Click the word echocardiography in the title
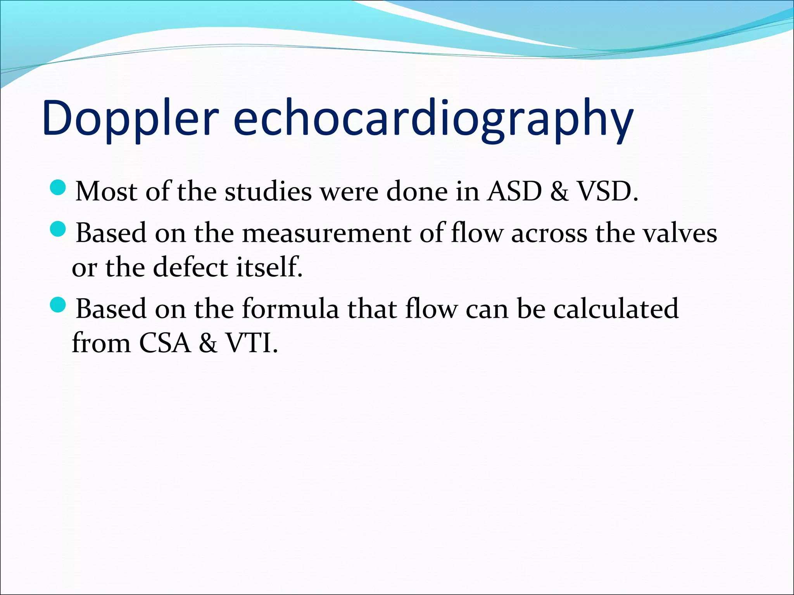433,118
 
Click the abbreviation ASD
514,191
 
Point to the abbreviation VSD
607,191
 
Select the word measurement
326,234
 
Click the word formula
290,309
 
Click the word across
549,234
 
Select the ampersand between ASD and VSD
559,191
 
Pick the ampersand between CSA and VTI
208,343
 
